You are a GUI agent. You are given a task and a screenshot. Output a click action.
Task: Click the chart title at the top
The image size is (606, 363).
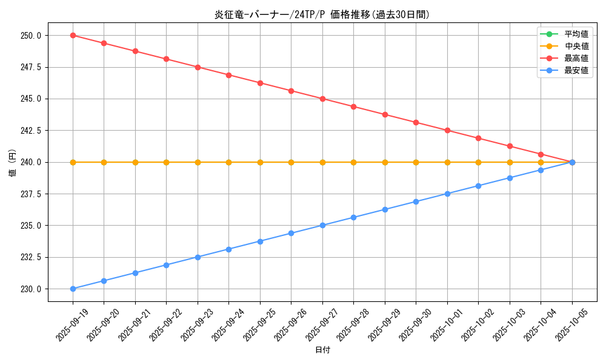[322, 15]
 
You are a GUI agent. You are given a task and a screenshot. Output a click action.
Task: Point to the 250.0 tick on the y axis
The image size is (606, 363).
[30, 35]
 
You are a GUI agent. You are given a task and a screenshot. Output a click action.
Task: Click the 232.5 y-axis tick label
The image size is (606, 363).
[30, 257]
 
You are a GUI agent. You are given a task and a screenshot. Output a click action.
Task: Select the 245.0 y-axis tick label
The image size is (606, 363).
[30, 99]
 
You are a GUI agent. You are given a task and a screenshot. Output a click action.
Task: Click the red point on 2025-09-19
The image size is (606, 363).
[73, 35]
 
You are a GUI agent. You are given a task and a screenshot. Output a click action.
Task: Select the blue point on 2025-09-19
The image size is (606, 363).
[73, 289]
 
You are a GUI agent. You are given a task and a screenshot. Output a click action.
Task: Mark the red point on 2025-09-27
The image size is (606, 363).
[322, 99]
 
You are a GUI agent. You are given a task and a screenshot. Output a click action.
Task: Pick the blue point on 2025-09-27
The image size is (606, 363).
[322, 225]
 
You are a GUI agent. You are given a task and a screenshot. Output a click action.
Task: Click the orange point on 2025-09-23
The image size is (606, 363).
[198, 162]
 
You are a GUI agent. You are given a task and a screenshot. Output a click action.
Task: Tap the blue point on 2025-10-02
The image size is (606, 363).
[478, 186]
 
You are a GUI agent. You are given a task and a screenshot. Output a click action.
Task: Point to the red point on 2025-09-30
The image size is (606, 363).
[416, 122]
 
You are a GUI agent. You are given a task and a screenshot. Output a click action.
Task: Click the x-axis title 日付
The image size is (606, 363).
[322, 350]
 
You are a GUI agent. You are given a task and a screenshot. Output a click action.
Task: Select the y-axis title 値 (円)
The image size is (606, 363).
[13, 162]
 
